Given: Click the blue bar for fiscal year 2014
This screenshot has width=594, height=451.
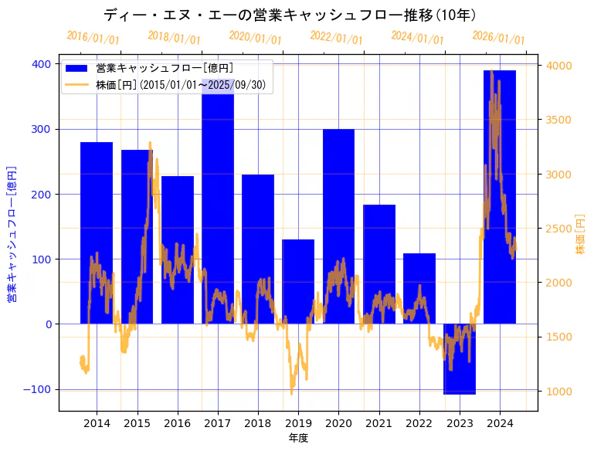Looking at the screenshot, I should [x=97, y=232].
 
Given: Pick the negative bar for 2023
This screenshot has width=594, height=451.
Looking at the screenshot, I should [x=460, y=359].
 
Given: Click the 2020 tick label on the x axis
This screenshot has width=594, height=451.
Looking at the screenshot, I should [x=338, y=423].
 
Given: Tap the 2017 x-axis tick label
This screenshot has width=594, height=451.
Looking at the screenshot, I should [x=218, y=423].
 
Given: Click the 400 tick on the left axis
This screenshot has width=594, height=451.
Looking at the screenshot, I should [x=42, y=64].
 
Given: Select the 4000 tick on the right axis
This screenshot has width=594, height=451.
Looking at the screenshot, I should [x=558, y=66].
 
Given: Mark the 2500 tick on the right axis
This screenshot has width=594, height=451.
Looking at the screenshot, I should [x=558, y=229].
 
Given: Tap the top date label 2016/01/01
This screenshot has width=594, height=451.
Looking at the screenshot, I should [x=93, y=37].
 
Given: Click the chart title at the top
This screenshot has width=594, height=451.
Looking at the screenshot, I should [x=290, y=15].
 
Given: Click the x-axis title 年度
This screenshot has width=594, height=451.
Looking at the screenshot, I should [x=298, y=438].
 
